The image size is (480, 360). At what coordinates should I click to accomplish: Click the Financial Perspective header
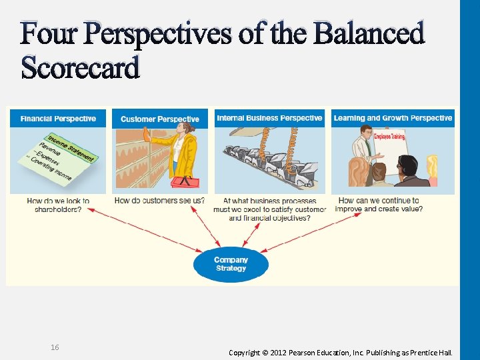(58, 119)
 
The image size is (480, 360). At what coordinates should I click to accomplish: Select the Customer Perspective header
(160, 119)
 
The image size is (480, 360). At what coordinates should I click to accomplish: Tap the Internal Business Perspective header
(269, 118)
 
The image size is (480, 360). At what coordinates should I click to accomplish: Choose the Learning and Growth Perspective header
(393, 118)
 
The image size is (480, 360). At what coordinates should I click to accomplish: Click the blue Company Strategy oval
(231, 264)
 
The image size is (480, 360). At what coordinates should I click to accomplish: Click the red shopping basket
(185, 182)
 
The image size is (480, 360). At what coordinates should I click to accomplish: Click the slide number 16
(55, 347)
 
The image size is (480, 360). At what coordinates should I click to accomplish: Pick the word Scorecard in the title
(81, 67)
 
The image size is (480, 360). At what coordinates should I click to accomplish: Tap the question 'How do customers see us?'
(159, 200)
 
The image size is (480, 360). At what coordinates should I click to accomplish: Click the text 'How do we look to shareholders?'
(58, 205)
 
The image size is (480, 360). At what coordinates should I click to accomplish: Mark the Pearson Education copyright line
(340, 352)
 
